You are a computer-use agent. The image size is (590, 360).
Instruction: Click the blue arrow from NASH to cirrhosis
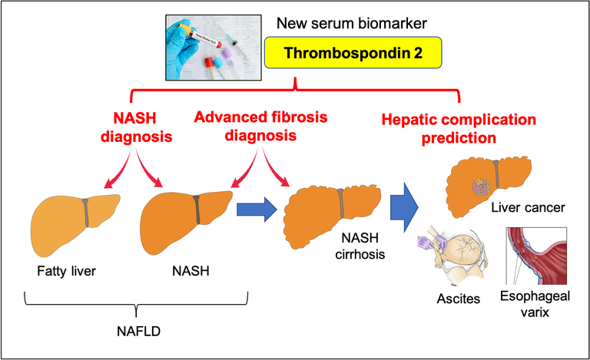[x=256, y=209]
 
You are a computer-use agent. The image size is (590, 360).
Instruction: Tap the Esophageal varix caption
[x=535, y=305]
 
